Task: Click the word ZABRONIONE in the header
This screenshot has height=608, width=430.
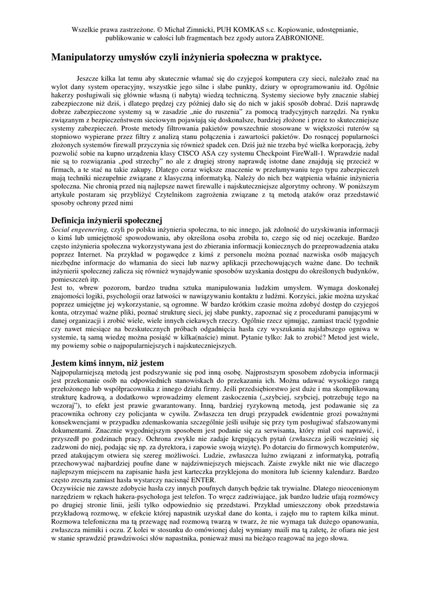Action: [301, 37]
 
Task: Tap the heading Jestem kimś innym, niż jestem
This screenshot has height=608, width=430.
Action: [107, 363]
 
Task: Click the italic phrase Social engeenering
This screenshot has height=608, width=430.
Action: [79, 229]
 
